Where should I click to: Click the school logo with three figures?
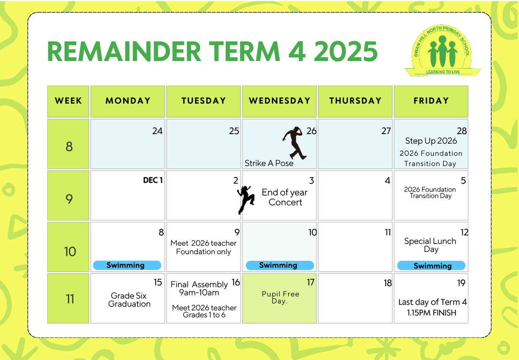(x=442, y=51)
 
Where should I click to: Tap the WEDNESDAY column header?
(x=279, y=101)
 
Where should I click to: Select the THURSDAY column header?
(x=355, y=101)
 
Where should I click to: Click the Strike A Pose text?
(x=269, y=163)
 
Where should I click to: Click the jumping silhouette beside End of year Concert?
(x=246, y=200)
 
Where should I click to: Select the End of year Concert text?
(x=285, y=197)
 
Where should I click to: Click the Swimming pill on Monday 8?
(x=127, y=265)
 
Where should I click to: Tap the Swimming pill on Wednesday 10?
(x=280, y=265)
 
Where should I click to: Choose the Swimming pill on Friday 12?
(x=431, y=266)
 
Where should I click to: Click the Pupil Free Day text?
(x=280, y=297)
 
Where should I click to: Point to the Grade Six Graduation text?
(x=129, y=300)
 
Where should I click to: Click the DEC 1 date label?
(x=153, y=180)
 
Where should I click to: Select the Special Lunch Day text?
(x=430, y=245)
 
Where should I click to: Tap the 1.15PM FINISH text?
(x=432, y=313)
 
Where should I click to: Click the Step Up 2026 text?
(x=431, y=141)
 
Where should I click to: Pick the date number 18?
(x=388, y=283)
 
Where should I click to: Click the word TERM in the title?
(x=244, y=51)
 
